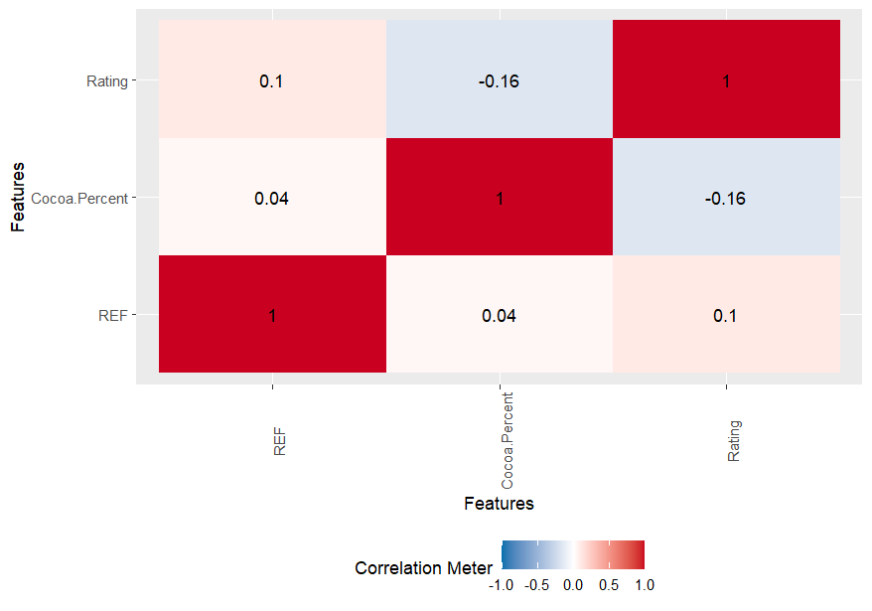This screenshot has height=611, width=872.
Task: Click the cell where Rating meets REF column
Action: tap(272, 81)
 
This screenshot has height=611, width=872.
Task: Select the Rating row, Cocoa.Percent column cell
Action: tap(500, 81)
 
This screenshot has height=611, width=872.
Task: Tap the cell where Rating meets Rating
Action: tap(726, 81)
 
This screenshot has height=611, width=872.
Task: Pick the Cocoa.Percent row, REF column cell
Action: tap(272, 198)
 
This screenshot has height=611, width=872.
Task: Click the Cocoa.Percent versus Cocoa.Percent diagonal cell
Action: tap(500, 198)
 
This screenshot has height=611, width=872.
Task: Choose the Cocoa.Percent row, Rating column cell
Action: tap(726, 198)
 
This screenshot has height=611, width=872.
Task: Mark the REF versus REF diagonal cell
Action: tap(272, 315)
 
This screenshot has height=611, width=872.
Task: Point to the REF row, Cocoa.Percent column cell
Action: tap(500, 315)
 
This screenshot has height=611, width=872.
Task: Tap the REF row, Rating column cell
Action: tap(726, 315)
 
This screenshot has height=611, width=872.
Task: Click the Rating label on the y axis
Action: tap(107, 81)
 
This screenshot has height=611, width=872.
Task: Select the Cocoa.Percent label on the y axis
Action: tap(79, 199)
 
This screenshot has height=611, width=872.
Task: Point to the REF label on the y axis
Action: tap(113, 315)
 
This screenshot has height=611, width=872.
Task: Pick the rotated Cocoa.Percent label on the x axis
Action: tap(508, 443)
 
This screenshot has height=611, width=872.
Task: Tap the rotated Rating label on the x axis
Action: tap(734, 440)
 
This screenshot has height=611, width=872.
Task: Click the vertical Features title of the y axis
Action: tap(18, 198)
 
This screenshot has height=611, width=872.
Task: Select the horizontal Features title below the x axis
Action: tap(499, 504)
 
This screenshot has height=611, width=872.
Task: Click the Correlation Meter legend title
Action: tap(423, 568)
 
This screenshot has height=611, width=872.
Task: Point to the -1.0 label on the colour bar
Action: tap(502, 585)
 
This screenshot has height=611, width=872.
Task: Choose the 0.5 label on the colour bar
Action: tap(609, 585)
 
